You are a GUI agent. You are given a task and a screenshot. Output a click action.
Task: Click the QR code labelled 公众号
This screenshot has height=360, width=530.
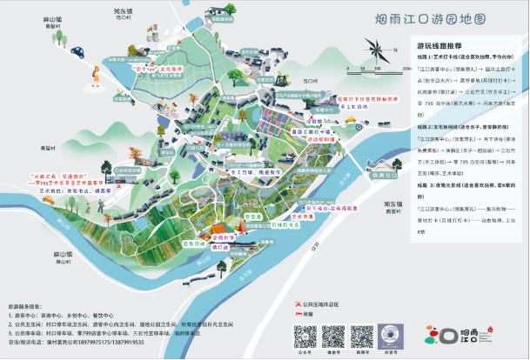pyautogui.click(x=304, y=334)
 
